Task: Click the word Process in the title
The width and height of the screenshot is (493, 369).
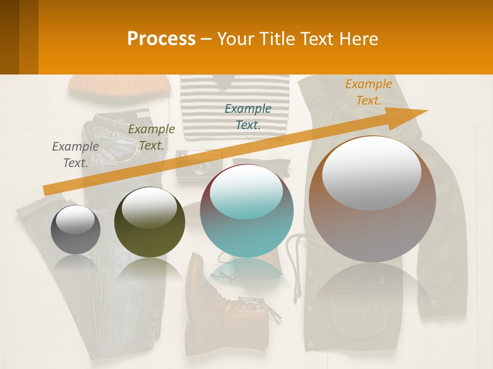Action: tap(161, 38)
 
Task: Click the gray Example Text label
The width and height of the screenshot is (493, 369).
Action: tap(75, 154)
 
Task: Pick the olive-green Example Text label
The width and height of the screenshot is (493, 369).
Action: tap(151, 137)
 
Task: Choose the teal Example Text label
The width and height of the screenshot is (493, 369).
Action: tap(248, 116)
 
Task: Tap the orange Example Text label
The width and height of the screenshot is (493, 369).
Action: tap(368, 92)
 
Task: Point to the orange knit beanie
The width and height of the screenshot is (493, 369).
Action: tap(120, 85)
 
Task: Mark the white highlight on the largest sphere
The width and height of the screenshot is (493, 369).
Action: tap(371, 172)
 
